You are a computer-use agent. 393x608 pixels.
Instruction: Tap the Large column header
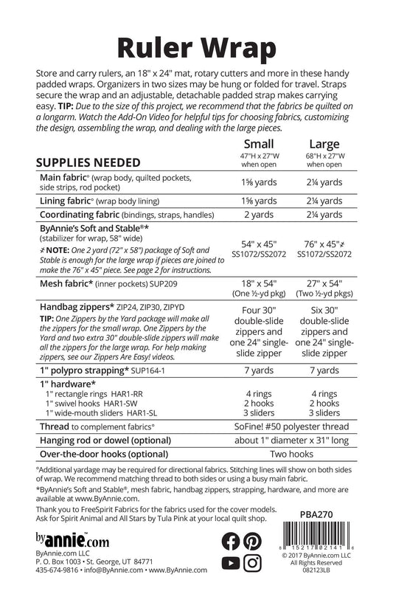(x=324, y=143)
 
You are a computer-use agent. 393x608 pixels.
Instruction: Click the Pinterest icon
(x=252, y=541)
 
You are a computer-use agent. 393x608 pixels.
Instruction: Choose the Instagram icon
(x=252, y=563)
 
